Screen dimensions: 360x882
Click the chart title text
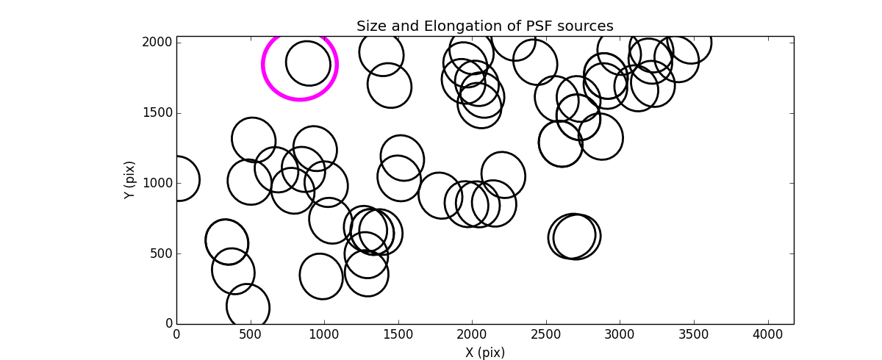click(x=484, y=26)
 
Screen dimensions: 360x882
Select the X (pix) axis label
click(x=484, y=352)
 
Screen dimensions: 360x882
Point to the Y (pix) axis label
click(x=130, y=180)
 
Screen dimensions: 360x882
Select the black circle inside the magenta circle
click(x=308, y=63)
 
